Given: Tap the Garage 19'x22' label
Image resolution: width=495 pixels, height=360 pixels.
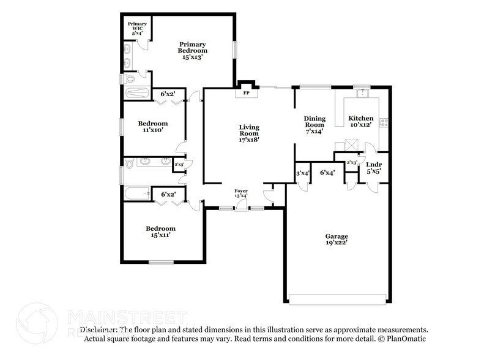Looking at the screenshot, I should point(337,239).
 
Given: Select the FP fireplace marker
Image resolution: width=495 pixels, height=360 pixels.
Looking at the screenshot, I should point(247,93).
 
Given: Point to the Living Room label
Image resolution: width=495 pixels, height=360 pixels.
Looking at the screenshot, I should point(249,133).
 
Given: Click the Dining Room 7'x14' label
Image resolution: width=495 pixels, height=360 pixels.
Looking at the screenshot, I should point(314,124).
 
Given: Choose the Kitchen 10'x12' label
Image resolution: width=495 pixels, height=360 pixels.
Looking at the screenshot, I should point(360,121).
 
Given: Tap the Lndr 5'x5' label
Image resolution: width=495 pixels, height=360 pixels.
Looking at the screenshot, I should point(373,168).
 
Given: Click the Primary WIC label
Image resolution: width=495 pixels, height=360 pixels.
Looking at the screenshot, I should point(136,28).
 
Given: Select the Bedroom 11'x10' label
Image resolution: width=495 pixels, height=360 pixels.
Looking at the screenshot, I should point(153,126).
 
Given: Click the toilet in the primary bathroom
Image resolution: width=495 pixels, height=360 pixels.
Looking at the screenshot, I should point(128,80).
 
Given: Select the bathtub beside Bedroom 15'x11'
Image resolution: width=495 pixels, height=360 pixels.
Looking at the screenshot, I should point(136,194).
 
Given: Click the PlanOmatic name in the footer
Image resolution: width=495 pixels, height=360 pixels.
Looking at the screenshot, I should point(404,338).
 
